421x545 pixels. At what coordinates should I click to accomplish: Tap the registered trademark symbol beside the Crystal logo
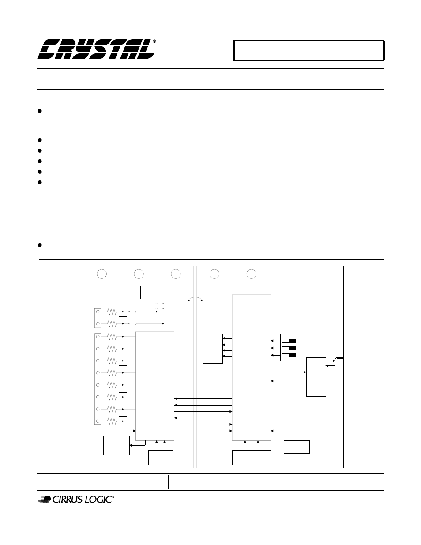tap(154, 41)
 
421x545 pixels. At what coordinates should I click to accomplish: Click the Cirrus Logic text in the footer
tap(83, 500)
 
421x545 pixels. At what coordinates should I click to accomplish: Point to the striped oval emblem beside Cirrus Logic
tap(44, 500)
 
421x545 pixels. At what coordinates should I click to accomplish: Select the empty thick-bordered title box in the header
tap(308, 51)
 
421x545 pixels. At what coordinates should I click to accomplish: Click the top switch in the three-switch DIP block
tap(289, 341)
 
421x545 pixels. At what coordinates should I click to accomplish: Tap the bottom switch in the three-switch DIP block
tap(289, 355)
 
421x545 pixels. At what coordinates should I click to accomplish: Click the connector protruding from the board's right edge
tap(339, 363)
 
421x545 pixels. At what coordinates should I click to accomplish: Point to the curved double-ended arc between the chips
tap(195, 299)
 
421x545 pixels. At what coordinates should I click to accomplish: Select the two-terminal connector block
tap(98, 318)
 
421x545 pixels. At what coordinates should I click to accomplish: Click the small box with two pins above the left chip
tap(156, 293)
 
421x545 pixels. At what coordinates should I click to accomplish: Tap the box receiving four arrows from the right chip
tap(212, 349)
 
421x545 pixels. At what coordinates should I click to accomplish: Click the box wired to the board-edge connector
tap(316, 377)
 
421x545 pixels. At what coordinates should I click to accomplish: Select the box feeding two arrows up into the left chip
tap(160, 457)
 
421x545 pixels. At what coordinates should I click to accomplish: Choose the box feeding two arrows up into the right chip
tap(252, 457)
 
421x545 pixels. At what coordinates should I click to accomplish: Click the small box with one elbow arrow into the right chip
tap(297, 447)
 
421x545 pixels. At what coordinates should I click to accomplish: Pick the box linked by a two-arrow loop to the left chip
tap(116, 445)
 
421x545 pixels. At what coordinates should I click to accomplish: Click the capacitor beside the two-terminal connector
tap(123, 318)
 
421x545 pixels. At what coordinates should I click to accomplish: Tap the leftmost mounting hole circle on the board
tap(101, 274)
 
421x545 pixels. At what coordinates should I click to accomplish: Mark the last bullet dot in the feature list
tap(40, 245)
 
